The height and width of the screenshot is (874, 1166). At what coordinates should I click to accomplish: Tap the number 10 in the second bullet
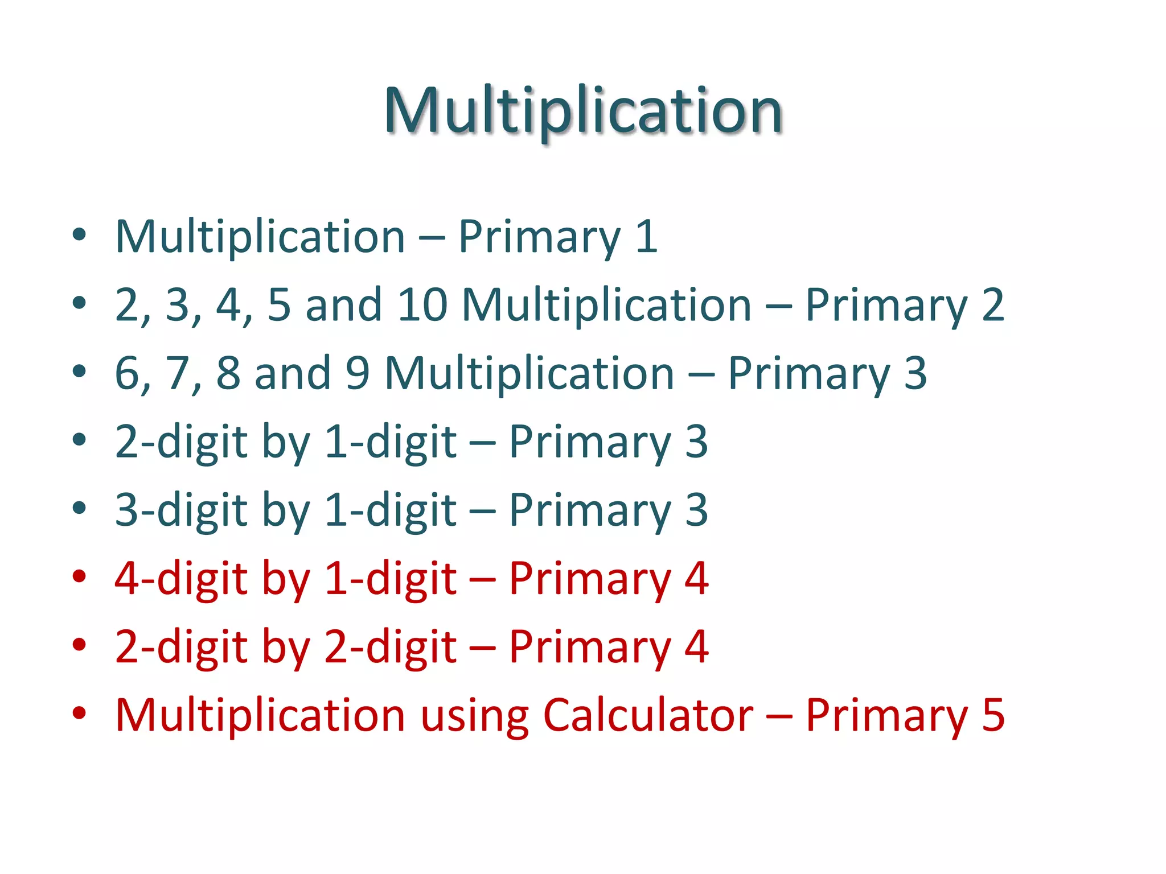[x=422, y=305]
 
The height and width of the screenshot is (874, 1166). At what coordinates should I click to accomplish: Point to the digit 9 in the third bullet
[x=358, y=373]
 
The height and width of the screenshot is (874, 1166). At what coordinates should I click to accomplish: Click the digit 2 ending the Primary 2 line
[x=993, y=305]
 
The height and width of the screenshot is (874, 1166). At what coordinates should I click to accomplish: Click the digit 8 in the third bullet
[x=228, y=373]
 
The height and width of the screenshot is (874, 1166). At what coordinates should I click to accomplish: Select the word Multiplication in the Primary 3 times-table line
[x=529, y=373]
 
